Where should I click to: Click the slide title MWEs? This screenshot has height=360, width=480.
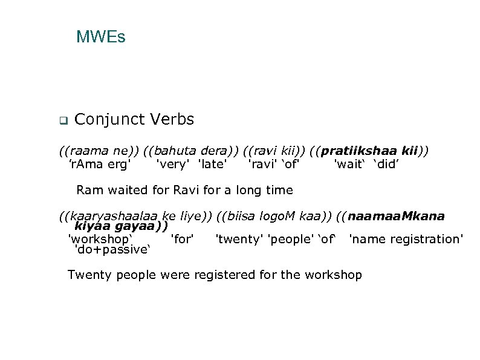tap(100, 38)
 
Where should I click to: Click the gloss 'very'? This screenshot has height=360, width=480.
tap(170, 163)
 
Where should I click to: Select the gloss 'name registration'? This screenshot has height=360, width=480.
tap(406, 240)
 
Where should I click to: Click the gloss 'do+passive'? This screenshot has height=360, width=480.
tap(111, 249)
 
